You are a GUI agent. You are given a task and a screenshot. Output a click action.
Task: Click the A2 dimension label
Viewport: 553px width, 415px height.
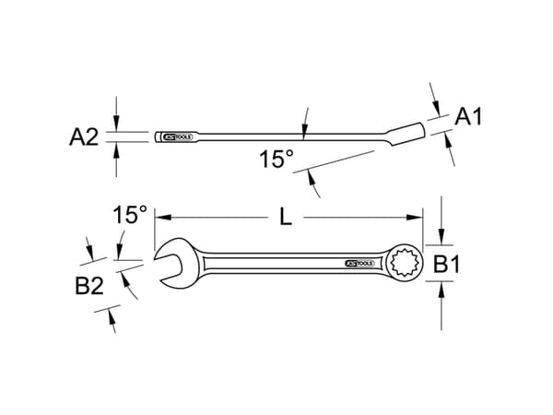pos(84,137)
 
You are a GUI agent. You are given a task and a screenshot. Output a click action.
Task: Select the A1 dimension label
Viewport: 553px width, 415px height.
pos(470,116)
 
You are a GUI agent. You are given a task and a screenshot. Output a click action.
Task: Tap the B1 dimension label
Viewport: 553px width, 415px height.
pos(447,265)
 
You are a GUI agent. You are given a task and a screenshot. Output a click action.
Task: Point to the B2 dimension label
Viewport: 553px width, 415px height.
pos(89,286)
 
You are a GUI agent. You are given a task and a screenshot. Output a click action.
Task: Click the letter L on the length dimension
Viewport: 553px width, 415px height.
pos(286,218)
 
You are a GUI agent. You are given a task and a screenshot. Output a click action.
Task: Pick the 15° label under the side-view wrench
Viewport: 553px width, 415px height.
pos(275,160)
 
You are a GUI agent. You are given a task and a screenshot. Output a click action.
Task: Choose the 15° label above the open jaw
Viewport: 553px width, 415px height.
pos(130,215)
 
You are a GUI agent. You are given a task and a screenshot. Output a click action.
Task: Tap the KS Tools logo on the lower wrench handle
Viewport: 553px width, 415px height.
pos(359,264)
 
